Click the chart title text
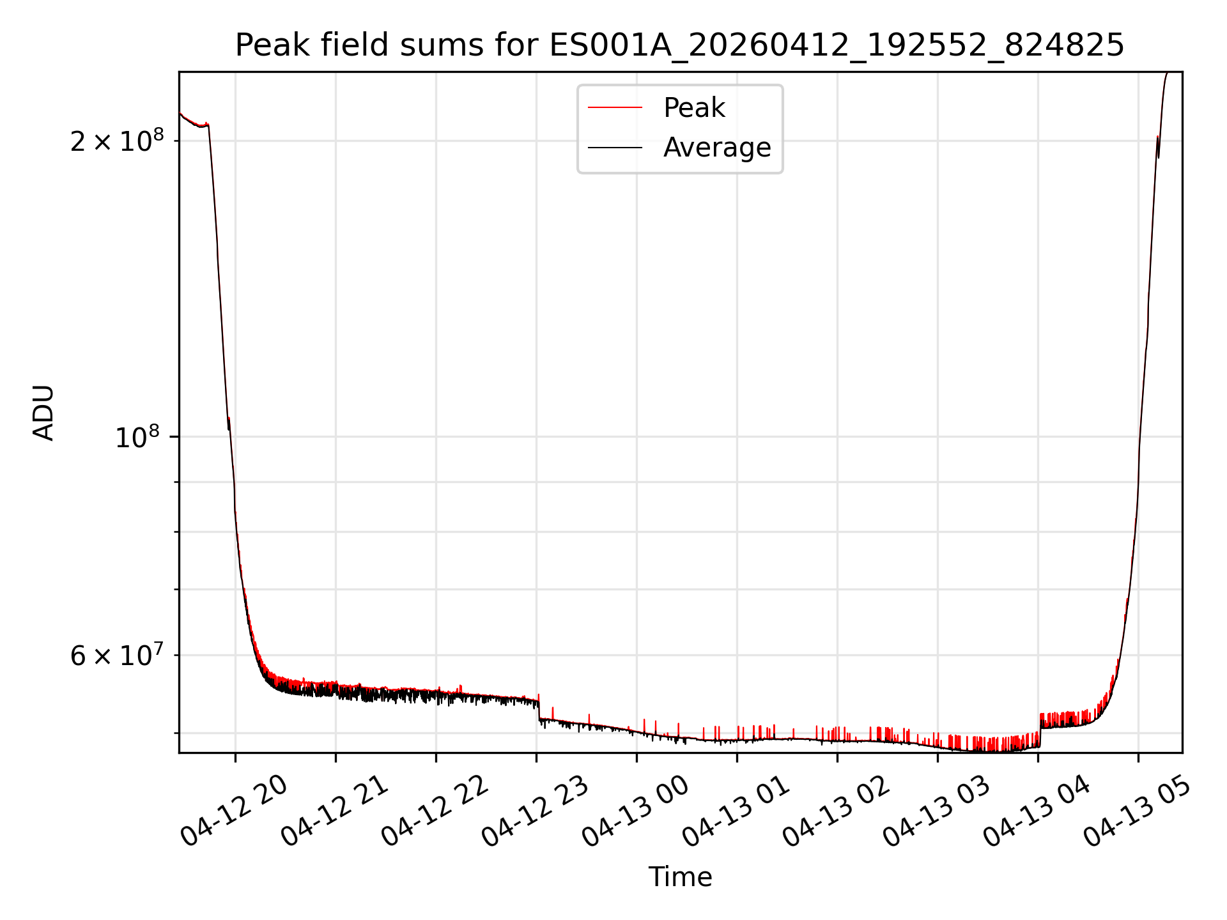pos(679,45)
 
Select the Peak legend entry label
pos(694,108)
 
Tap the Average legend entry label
pos(717,148)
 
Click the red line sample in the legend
pos(615,108)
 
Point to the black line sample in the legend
pos(615,148)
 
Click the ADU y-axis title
pos(43,413)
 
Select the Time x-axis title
pos(680,877)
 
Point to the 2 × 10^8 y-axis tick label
pos(117,141)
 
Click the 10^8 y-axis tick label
pos(137,438)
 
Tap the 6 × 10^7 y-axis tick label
pos(117,655)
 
